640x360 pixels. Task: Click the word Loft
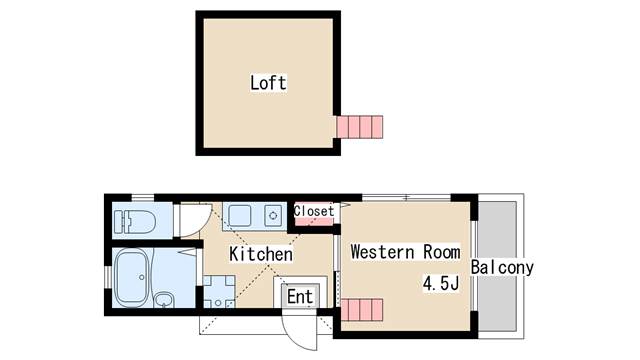tap(268, 83)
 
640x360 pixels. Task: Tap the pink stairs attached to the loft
tap(360, 127)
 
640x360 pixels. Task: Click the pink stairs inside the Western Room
tap(362, 309)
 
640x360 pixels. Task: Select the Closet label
tap(313, 211)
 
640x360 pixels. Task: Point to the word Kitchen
tap(261, 254)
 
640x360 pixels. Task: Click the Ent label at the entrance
tap(300, 297)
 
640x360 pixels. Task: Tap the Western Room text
tap(405, 251)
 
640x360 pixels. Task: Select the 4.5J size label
tap(441, 283)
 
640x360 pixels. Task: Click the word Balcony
tap(502, 268)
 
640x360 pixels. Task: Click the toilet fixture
tap(135, 221)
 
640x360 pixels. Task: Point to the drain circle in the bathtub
tap(141, 277)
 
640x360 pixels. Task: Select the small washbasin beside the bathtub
tap(164, 300)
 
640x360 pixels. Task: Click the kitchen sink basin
tap(240, 216)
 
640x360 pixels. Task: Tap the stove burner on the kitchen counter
tap(273, 216)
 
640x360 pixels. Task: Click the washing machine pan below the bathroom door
tap(219, 291)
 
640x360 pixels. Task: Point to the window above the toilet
tap(142, 198)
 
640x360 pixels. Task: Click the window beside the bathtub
tap(107, 277)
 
